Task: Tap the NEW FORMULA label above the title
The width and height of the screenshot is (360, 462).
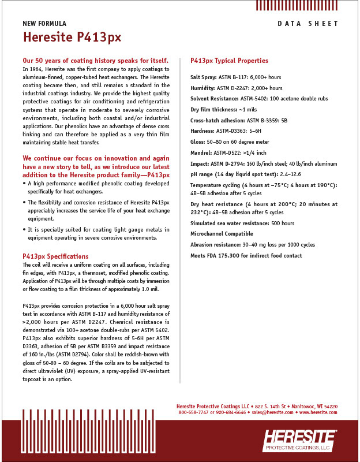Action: point(44,24)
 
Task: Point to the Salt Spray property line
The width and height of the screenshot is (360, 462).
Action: point(235,77)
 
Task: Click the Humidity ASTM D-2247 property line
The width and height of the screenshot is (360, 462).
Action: point(236,88)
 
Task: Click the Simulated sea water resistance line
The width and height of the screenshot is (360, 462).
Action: point(242,223)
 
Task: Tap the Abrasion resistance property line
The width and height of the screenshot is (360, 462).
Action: point(253,244)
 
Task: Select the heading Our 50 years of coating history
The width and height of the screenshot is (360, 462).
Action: point(95,60)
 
